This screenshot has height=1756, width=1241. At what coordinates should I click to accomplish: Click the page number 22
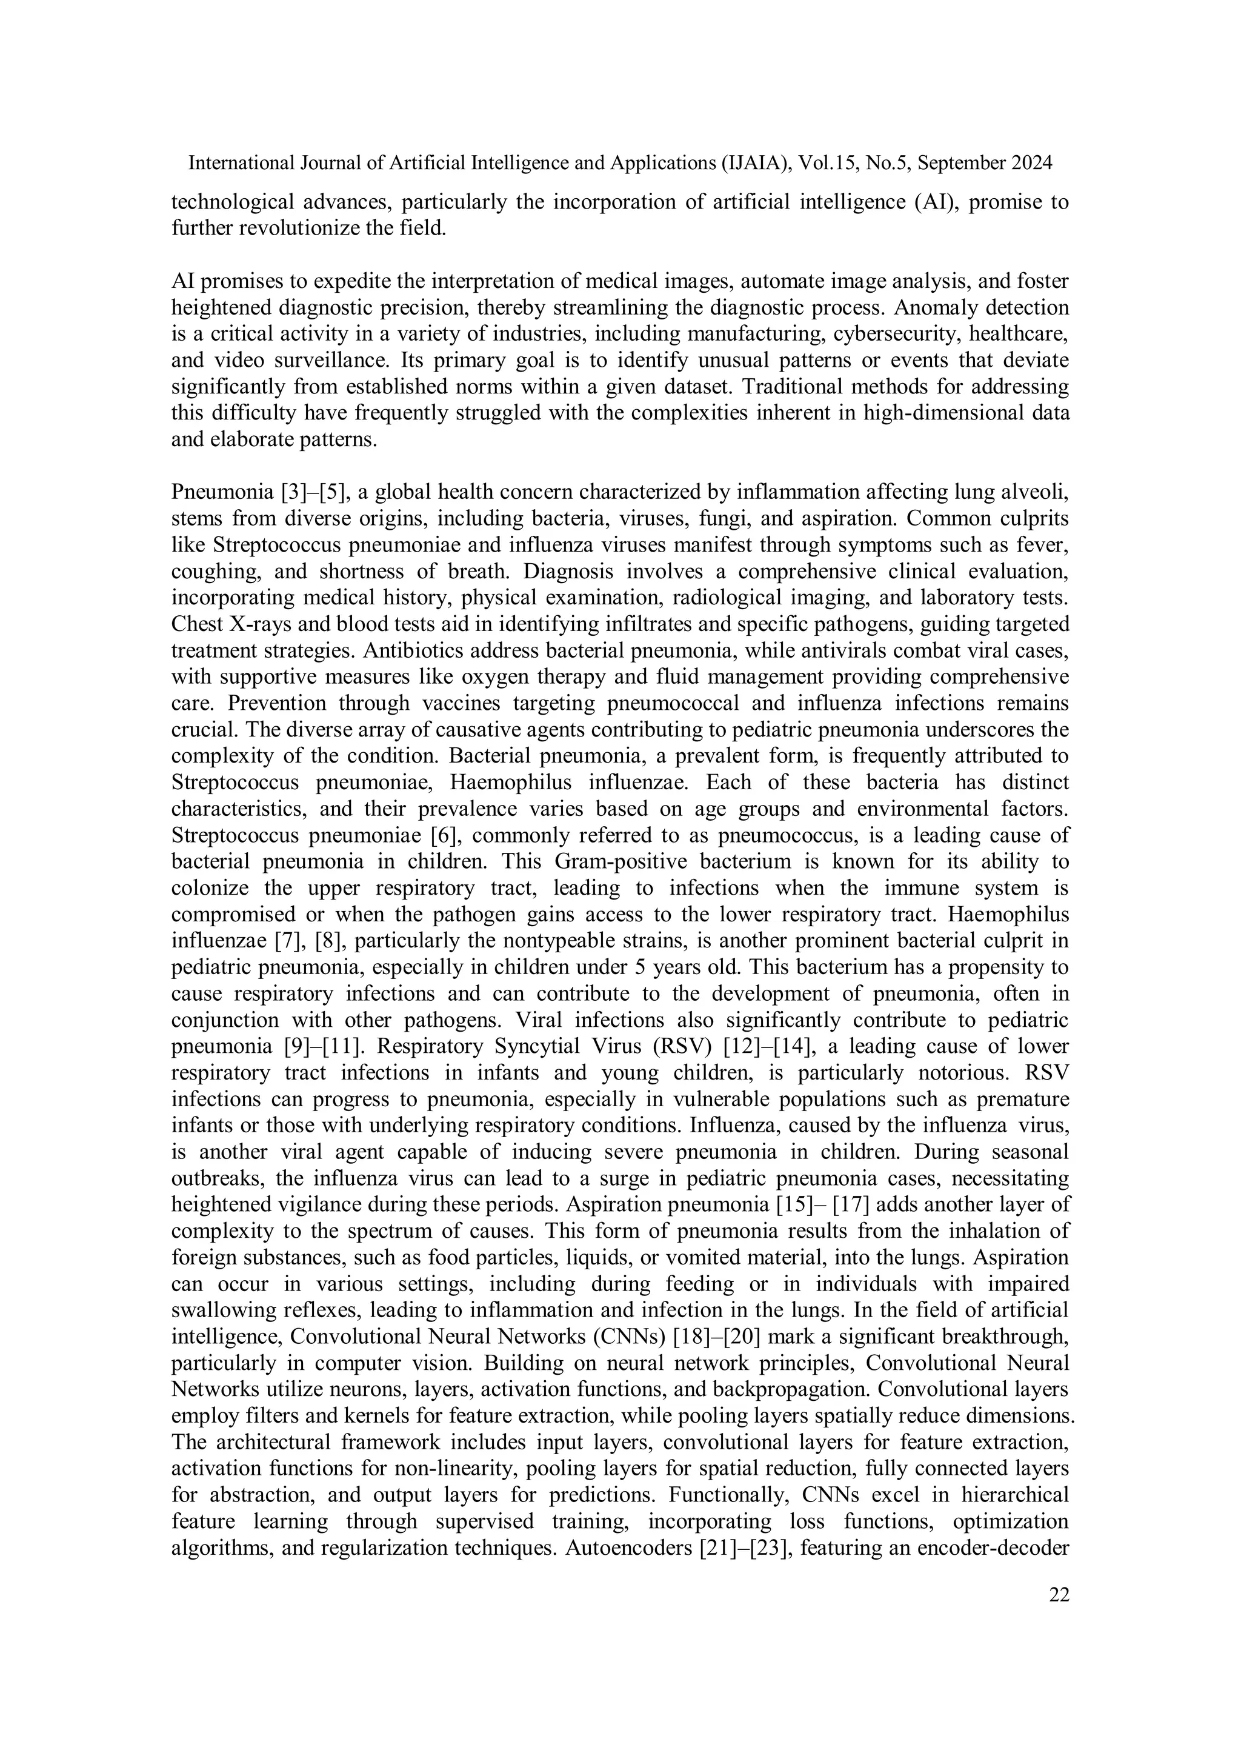[1059, 1595]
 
